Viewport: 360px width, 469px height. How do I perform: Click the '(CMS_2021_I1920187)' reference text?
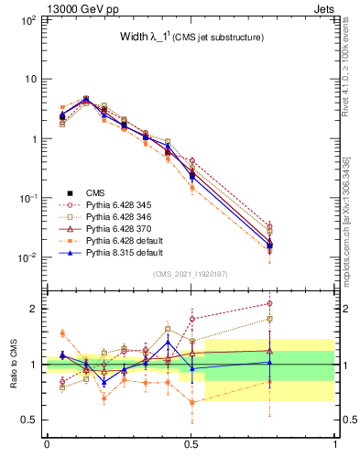tap(191, 274)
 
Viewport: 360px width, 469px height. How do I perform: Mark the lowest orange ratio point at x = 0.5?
tap(191, 402)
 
